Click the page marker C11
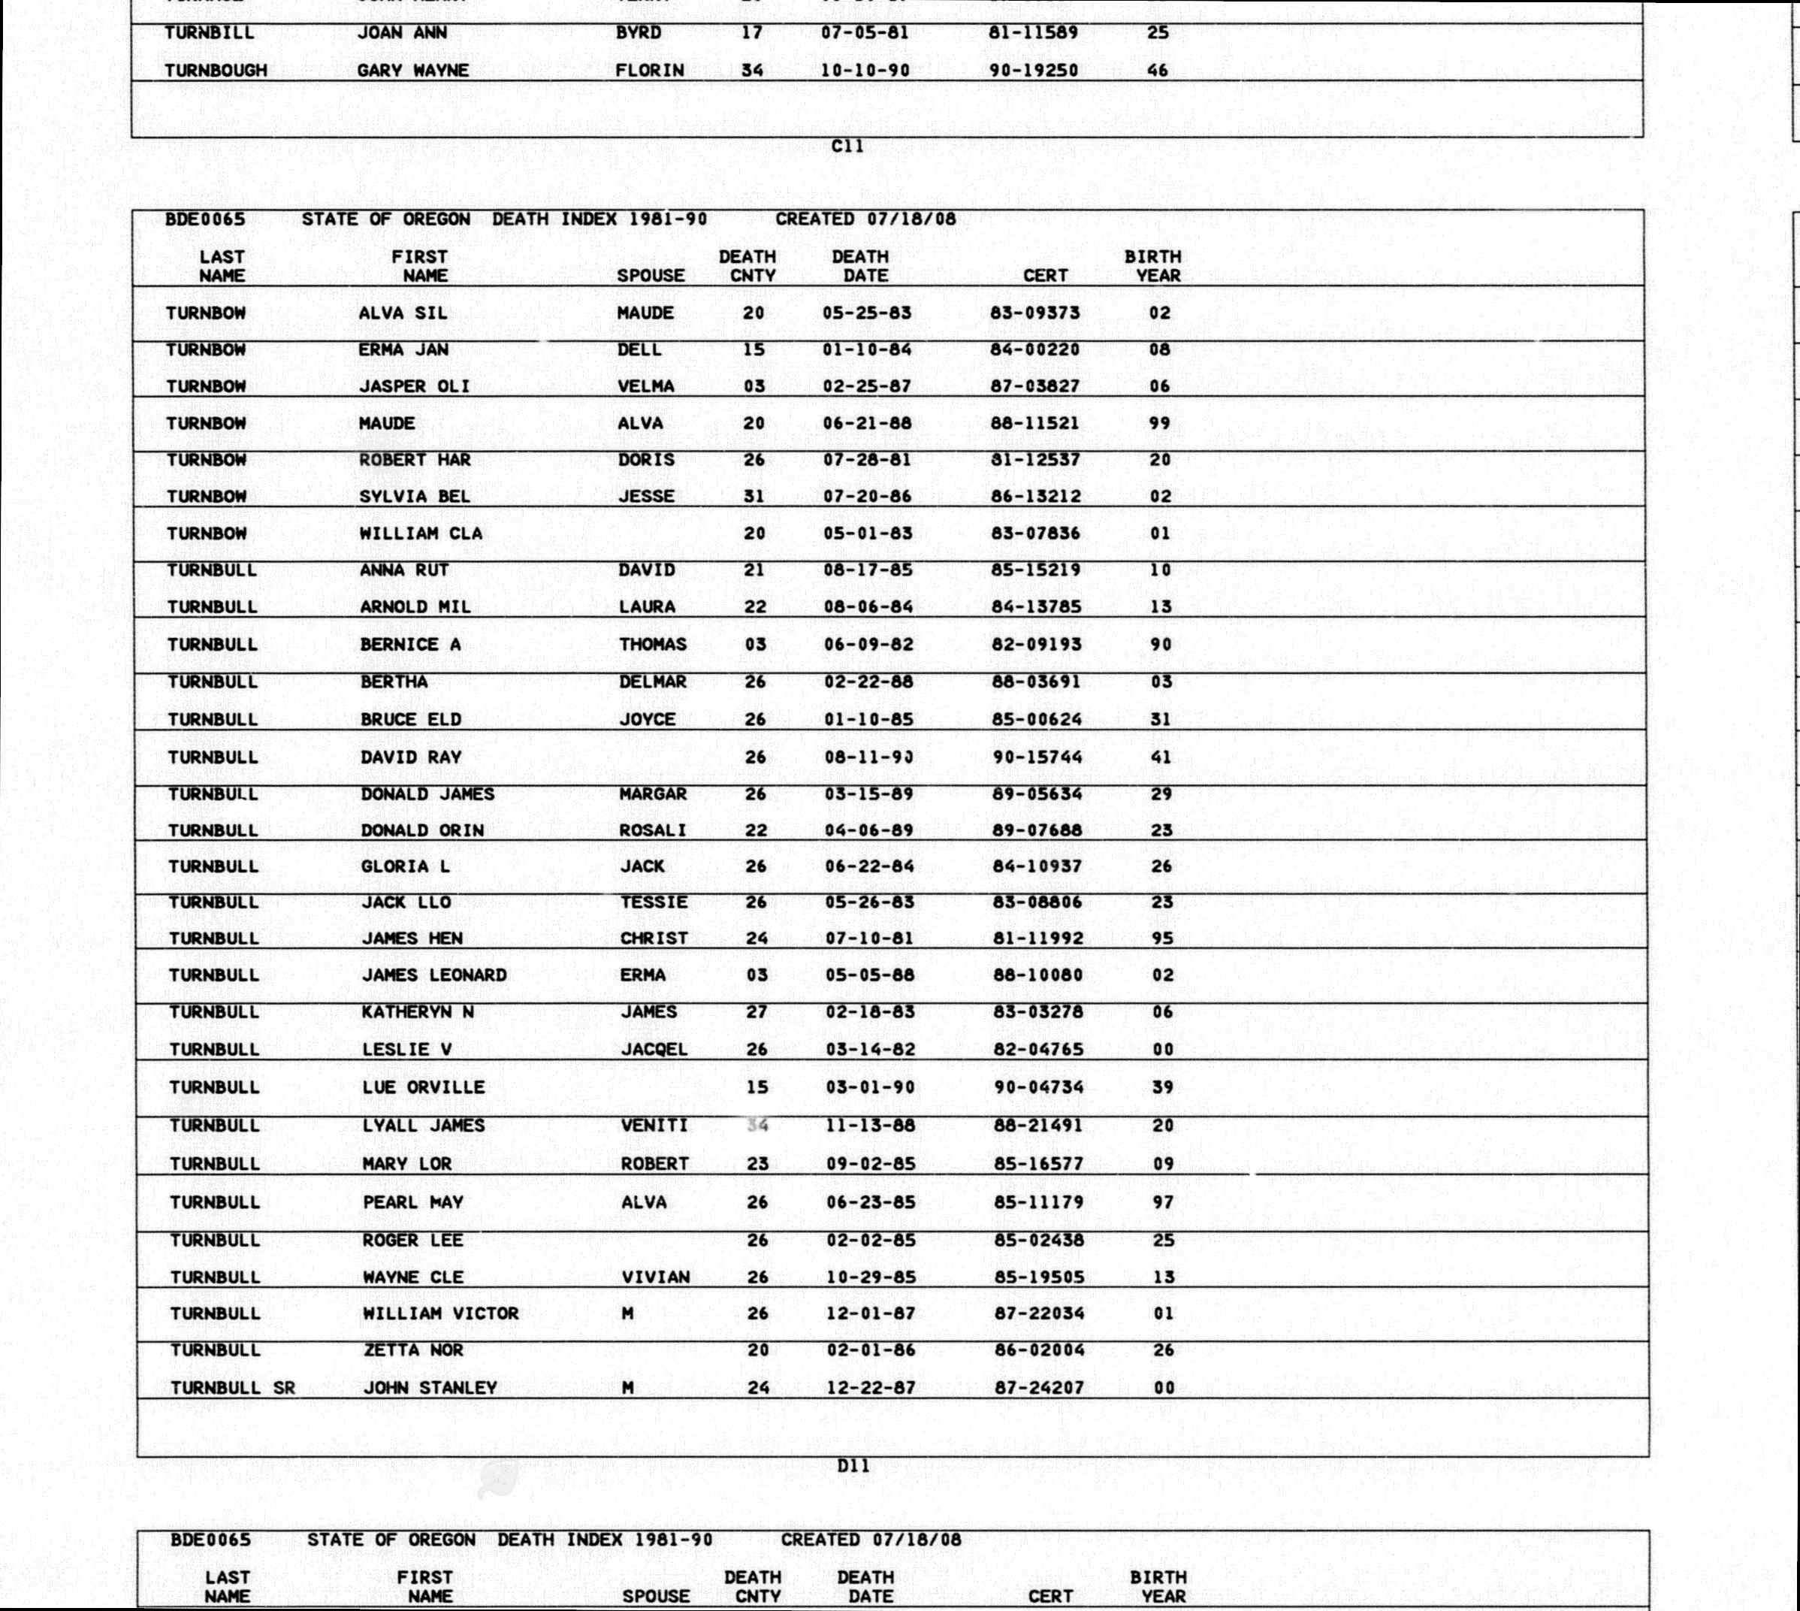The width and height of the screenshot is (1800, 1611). (847, 147)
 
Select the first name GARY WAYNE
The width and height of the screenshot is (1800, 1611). (412, 71)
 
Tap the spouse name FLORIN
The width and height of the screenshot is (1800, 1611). (650, 71)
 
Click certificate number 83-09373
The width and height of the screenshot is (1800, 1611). (1034, 313)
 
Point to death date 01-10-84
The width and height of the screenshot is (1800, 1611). (866, 349)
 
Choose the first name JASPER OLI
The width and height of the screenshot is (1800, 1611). (414, 387)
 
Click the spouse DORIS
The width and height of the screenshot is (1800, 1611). (646, 461)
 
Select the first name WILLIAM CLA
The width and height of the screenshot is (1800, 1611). (421, 533)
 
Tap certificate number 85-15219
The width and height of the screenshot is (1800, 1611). (1035, 571)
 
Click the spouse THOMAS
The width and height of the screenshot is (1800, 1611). (652, 645)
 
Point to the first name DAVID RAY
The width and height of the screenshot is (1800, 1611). (411, 757)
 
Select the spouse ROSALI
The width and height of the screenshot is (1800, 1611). (653, 831)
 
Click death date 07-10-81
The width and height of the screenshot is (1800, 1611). (869, 938)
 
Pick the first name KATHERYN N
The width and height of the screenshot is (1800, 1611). (417, 1011)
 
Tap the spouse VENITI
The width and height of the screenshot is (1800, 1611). (654, 1126)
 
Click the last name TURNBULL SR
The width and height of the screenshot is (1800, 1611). (233, 1388)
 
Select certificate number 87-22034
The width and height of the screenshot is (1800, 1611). (1039, 1313)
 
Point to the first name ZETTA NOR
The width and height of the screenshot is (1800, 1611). (413, 1351)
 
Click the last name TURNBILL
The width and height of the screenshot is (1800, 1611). (209, 34)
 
